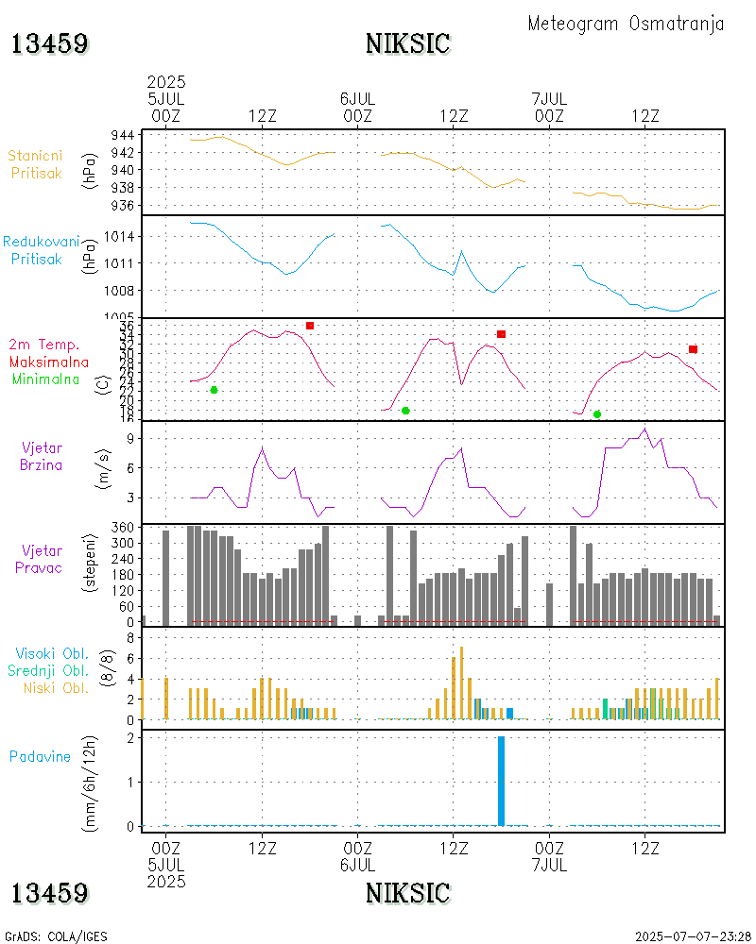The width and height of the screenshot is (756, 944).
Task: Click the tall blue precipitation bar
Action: (x=501, y=781)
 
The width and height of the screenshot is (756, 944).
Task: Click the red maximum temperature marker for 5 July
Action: (x=310, y=326)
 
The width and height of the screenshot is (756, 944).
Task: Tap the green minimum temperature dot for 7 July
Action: (x=597, y=414)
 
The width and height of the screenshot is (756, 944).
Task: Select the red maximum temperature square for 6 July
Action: (x=501, y=334)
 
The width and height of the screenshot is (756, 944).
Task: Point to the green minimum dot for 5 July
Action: (x=214, y=390)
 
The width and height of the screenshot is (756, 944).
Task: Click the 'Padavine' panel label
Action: (x=40, y=756)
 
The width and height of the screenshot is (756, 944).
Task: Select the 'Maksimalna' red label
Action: (x=49, y=362)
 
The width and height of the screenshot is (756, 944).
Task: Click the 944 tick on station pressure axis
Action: (x=122, y=135)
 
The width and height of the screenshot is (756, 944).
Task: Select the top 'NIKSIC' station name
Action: (x=407, y=44)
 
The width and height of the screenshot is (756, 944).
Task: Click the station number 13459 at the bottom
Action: (x=50, y=893)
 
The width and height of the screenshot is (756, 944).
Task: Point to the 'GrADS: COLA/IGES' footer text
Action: (x=56, y=936)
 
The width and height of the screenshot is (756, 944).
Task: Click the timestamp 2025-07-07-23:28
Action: (x=694, y=936)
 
